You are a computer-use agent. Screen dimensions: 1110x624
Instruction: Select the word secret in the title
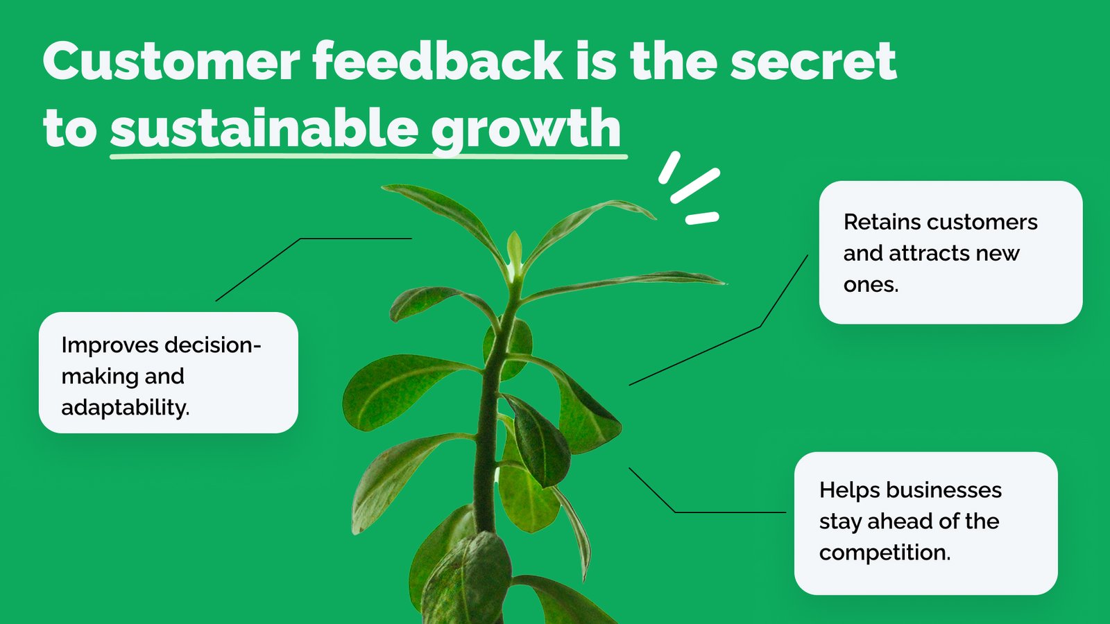coord(813,62)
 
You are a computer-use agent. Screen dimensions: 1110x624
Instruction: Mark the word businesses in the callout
coord(943,490)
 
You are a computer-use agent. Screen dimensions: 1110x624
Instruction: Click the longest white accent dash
coord(694,186)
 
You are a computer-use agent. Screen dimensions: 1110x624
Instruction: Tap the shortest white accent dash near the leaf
coord(702,218)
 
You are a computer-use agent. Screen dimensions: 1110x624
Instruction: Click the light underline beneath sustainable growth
coord(368,157)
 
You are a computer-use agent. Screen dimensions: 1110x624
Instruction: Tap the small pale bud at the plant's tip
coord(514,250)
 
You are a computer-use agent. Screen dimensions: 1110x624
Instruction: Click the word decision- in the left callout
coord(212,345)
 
